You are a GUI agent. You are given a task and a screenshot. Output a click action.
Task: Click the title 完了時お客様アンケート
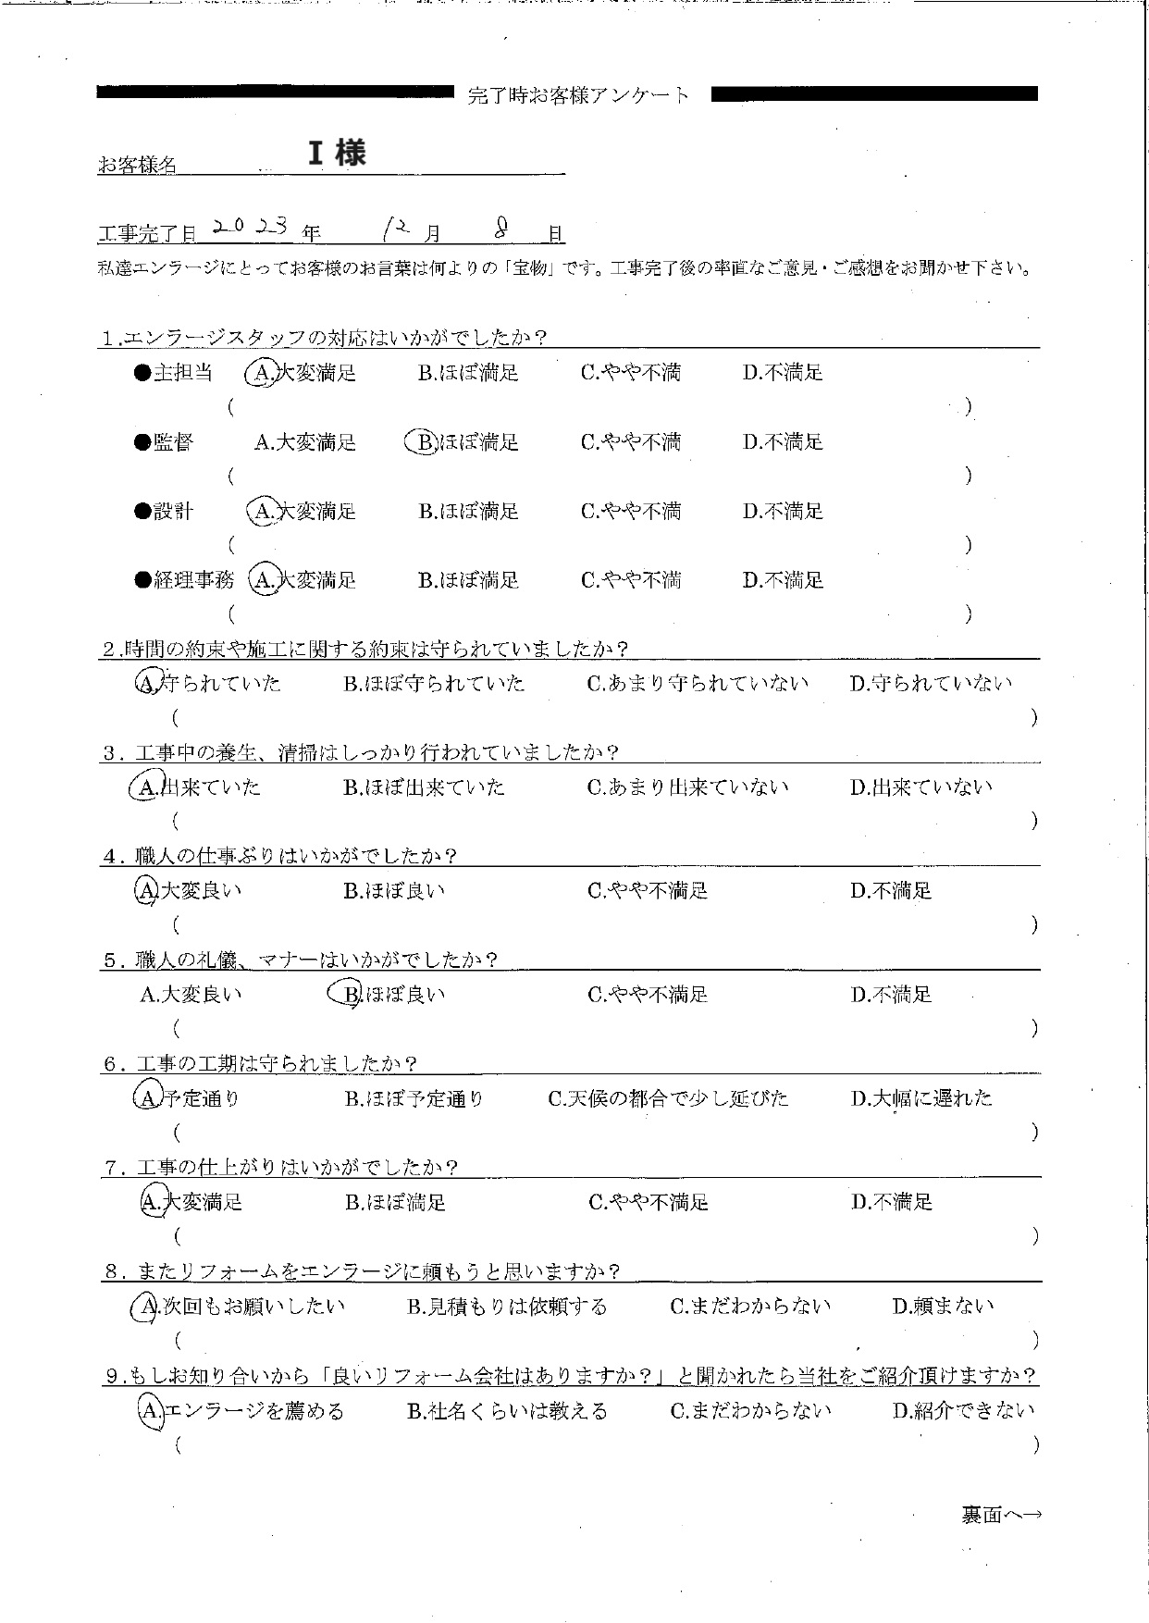click(579, 94)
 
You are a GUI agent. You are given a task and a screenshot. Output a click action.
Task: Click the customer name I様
click(337, 154)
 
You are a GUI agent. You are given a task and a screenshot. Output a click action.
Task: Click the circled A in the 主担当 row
click(262, 373)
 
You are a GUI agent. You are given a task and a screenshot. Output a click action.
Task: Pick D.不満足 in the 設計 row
click(783, 511)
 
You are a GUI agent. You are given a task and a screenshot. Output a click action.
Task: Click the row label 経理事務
click(193, 580)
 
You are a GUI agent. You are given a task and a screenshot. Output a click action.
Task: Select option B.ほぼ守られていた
click(434, 684)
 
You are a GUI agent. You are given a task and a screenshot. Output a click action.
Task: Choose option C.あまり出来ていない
click(687, 787)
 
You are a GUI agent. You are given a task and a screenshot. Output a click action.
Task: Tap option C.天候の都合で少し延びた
click(668, 1098)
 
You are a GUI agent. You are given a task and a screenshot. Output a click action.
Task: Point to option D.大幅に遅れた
click(921, 1098)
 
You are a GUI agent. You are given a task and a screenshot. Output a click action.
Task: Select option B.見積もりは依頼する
click(507, 1307)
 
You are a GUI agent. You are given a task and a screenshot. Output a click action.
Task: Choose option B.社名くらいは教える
click(507, 1411)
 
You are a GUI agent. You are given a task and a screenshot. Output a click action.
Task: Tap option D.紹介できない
click(963, 1411)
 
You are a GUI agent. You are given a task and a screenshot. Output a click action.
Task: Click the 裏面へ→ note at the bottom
click(1001, 1515)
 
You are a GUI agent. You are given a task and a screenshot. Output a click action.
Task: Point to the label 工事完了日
click(146, 233)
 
